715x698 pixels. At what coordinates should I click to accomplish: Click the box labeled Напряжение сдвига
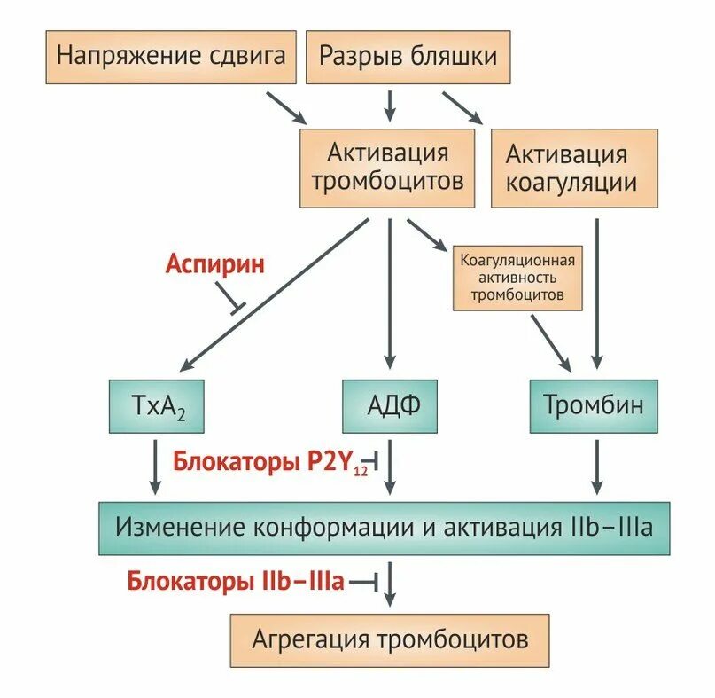[x=170, y=57]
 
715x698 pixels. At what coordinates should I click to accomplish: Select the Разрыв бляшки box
[x=408, y=57]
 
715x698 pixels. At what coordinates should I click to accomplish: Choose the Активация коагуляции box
[x=573, y=169]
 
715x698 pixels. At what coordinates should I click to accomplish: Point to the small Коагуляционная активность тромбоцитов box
[x=517, y=278]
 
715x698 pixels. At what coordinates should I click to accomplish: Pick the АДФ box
[x=389, y=406]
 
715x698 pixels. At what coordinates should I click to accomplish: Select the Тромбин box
[x=594, y=406]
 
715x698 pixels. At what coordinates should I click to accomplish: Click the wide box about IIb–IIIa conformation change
[x=384, y=529]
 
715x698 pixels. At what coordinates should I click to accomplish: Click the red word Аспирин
[x=214, y=263]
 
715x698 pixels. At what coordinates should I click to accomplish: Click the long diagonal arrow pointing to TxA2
[x=275, y=293]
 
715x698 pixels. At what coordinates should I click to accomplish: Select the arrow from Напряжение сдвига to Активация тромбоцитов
[x=287, y=106]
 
